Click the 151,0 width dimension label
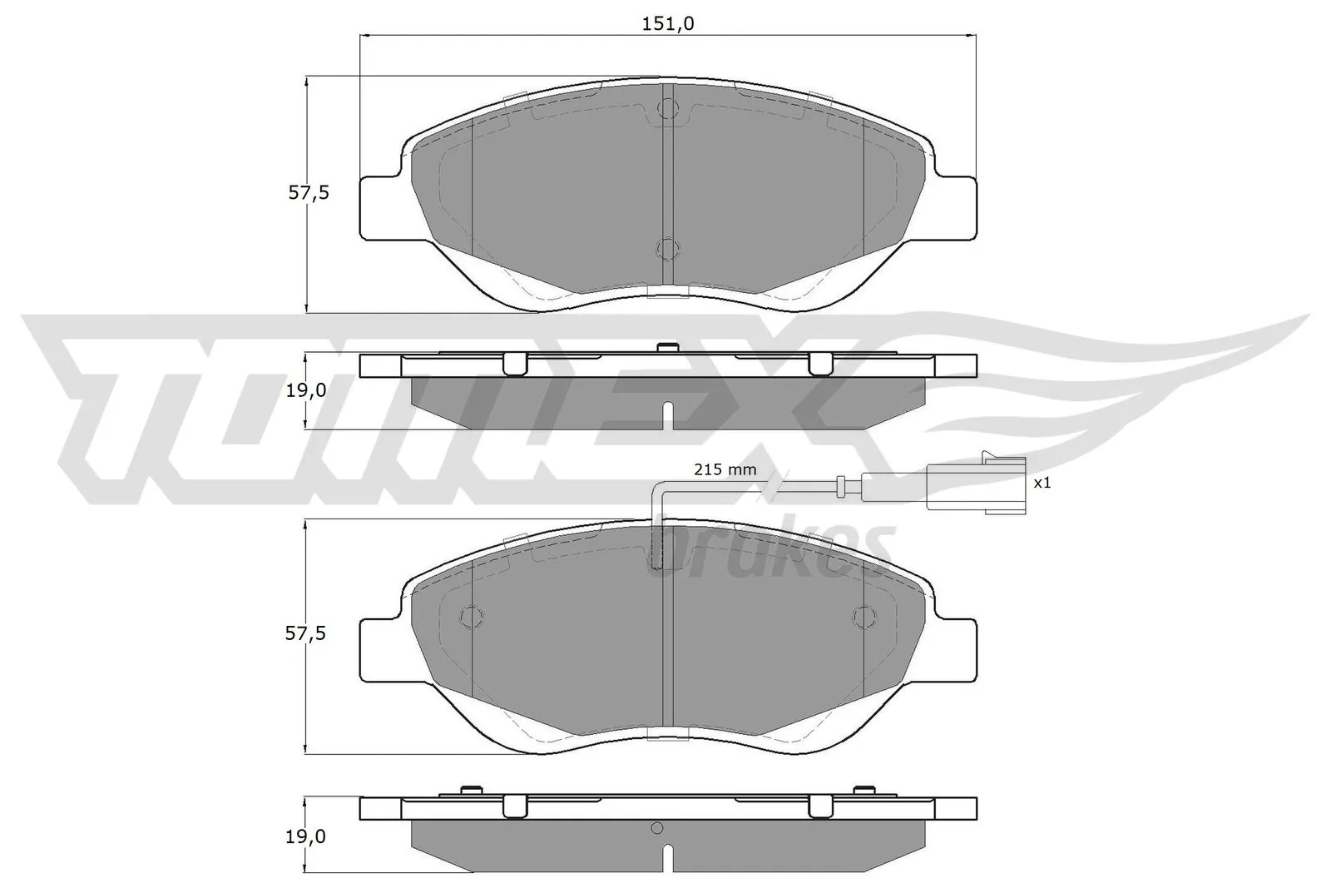(667, 24)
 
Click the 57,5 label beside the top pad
(309, 193)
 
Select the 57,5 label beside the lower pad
(305, 634)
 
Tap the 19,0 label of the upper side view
(305, 390)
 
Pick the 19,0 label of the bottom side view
(305, 837)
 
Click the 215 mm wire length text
(725, 469)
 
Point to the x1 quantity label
(1042, 482)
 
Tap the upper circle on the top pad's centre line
(667, 109)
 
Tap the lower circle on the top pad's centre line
(667, 248)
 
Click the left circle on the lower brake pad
(472, 616)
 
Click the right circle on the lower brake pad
(864, 616)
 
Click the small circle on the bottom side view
(656, 828)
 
